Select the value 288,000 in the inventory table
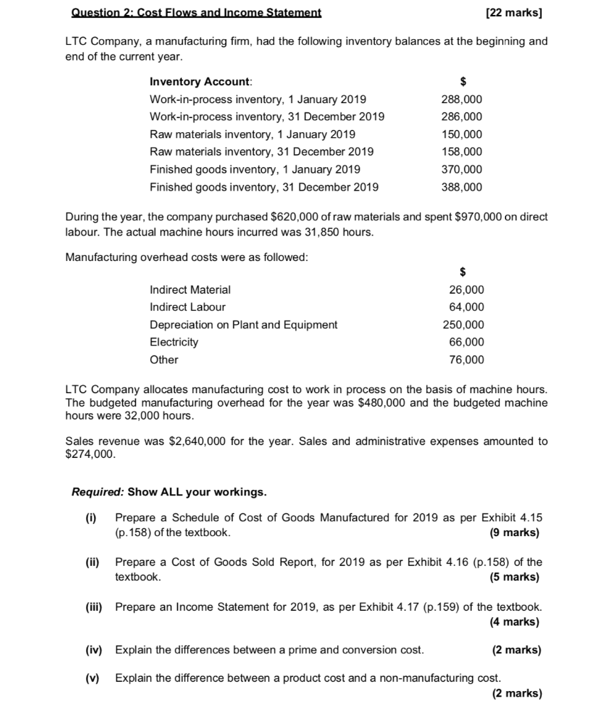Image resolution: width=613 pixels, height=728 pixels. point(462,100)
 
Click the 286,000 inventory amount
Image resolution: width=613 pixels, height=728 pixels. point(462,117)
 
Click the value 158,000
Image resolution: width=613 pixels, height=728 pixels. point(462,151)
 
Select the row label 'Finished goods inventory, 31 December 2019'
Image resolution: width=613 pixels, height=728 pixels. point(264,187)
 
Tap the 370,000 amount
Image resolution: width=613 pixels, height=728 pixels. point(462,169)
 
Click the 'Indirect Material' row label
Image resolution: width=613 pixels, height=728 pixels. point(190,289)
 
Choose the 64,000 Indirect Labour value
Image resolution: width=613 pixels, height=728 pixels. point(467,307)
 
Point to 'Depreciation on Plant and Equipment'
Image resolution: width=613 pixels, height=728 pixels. point(243,324)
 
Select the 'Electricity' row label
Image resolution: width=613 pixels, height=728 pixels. point(174,342)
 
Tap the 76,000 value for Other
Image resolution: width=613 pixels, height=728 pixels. point(467,360)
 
